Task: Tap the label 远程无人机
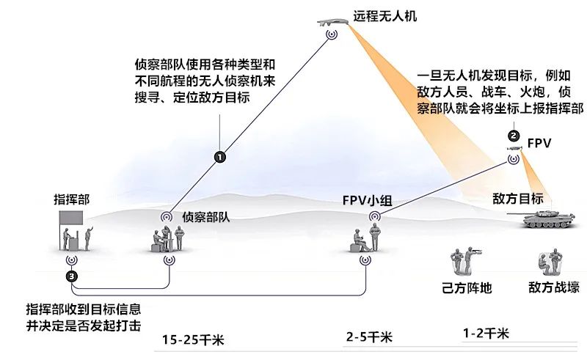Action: click(384, 16)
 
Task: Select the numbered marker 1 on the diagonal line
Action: click(219, 157)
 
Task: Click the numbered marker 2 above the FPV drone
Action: click(514, 136)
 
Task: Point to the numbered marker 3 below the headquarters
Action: click(72, 276)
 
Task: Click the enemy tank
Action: click(541, 219)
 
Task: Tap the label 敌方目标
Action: click(518, 199)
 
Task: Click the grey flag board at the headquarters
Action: click(71, 218)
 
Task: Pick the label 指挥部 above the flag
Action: click(72, 199)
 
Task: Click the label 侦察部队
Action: click(206, 217)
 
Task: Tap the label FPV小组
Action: click(368, 201)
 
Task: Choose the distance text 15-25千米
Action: click(193, 339)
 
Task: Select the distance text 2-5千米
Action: click(369, 337)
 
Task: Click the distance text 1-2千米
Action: click(486, 333)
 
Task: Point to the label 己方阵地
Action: click(467, 287)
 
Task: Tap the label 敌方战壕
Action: click(554, 287)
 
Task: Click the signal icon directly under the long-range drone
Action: click(332, 34)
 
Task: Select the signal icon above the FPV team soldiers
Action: click(375, 216)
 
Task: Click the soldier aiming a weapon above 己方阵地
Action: click(470, 259)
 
